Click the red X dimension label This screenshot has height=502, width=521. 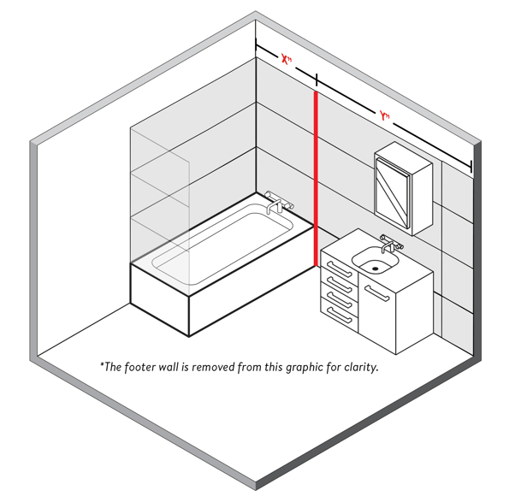pos(286,60)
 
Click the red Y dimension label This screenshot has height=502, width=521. pos(384,116)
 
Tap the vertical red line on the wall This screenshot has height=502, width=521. pos(316,179)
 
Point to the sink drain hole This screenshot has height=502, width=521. pos(375,269)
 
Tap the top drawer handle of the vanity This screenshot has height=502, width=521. pos(339,269)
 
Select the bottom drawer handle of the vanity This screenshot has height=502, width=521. pos(339,315)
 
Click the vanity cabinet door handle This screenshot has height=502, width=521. pos(377,293)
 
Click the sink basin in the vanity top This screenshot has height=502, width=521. pos(375,260)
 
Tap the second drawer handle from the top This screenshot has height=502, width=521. pos(339,285)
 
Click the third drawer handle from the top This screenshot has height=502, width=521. pos(339,299)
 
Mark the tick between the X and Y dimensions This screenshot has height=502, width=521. pos(317,80)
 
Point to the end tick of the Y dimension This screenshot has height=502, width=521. pos(471,166)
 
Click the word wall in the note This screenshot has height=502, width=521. pos(169,367)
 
